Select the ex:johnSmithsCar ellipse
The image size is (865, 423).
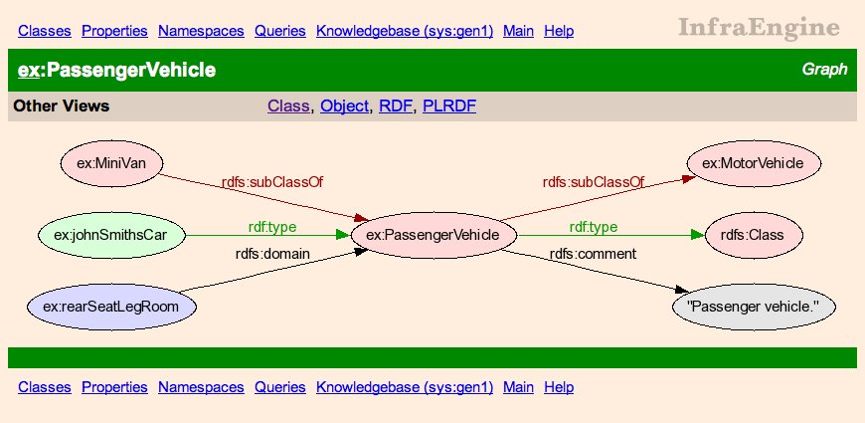pos(112,236)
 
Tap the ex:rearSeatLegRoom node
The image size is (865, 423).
pos(111,307)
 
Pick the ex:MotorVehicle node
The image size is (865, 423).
pos(754,163)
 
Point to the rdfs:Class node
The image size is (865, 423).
pos(753,236)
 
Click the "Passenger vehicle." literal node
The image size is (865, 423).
pos(754,307)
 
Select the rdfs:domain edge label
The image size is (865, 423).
pos(272,254)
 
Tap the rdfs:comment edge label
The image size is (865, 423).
pos(593,254)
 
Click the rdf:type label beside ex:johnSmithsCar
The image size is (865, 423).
pos(272,227)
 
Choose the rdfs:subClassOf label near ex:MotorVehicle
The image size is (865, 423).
pos(594,182)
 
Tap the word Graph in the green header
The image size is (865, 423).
pos(824,70)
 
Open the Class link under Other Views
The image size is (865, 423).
pos(288,106)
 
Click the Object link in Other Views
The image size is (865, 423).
pos(344,106)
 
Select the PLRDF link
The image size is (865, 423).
pos(449,106)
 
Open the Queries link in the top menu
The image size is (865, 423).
pos(280,31)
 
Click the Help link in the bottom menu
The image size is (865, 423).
pos(559,387)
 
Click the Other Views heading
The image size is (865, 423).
pos(62,106)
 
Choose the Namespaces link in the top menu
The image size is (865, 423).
pos(201,31)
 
